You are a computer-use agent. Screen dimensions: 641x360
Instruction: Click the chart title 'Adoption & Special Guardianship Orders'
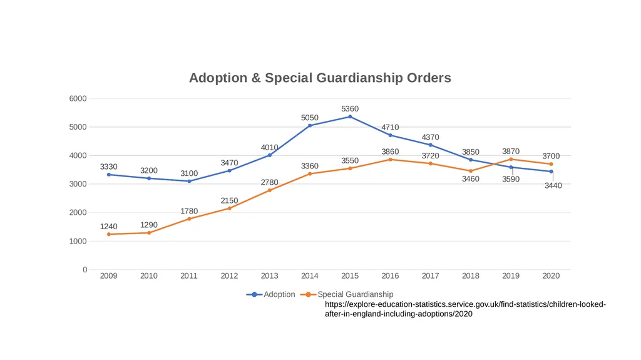[320, 78]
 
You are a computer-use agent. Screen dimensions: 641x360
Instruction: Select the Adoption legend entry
[270, 294]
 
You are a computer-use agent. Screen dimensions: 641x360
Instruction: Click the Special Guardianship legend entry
[347, 294]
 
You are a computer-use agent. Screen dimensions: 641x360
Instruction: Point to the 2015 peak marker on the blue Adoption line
[350, 116]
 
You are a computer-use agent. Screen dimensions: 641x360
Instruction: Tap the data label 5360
[350, 108]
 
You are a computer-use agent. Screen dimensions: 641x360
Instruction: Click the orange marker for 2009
[109, 234]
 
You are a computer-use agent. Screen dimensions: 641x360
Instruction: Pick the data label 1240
[109, 226]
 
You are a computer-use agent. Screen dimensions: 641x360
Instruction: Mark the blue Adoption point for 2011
[189, 181]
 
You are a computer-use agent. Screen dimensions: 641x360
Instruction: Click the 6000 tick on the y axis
[78, 98]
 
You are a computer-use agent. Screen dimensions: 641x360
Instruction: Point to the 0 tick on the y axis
[85, 270]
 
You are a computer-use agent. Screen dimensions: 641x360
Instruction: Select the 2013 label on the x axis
[269, 275]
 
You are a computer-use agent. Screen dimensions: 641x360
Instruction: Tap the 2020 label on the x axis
[551, 275]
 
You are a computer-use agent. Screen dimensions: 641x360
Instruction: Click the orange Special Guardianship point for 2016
[391, 160]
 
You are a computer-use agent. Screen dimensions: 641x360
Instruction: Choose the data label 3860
[391, 152]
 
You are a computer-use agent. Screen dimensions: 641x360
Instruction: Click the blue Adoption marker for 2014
[310, 126]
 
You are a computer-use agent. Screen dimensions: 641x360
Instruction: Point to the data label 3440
[553, 185]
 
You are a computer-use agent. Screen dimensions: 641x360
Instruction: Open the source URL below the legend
[465, 309]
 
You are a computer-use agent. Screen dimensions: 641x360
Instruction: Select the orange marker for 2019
[511, 159]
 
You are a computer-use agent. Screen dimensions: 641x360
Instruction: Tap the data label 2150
[229, 200]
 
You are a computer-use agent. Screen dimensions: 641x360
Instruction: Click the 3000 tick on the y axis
[78, 183]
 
